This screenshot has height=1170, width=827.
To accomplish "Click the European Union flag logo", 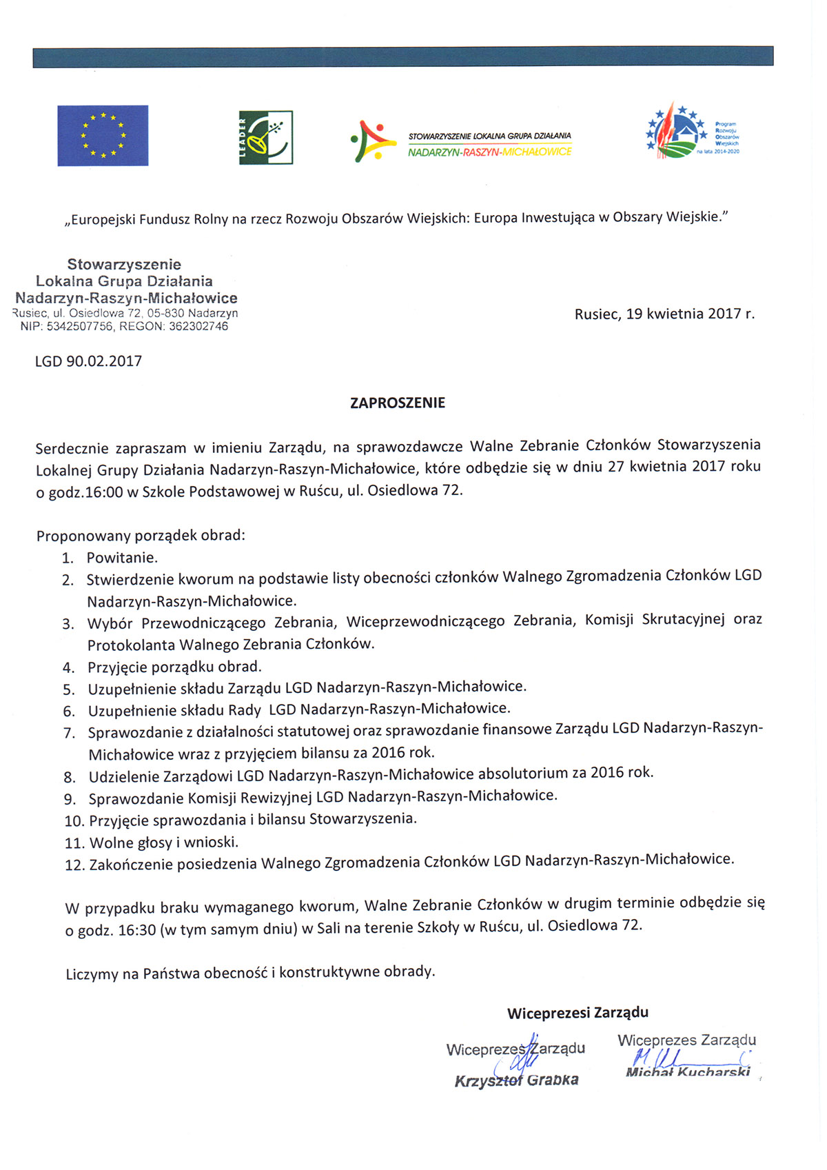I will click(103, 135).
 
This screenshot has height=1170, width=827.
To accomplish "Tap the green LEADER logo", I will click(265, 137).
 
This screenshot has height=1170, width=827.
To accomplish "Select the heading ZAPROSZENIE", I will click(398, 403).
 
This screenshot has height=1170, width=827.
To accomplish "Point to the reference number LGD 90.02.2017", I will click(88, 361).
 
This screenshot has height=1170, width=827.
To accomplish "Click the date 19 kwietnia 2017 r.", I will click(690, 314).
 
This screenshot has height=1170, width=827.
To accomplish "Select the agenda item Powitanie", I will click(122, 557).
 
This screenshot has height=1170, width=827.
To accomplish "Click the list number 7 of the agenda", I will click(69, 733).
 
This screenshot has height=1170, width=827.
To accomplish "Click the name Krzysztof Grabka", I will click(516, 1080).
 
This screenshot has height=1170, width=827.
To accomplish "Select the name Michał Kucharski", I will click(687, 1072).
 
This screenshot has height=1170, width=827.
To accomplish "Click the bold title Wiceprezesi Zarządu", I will click(578, 1013).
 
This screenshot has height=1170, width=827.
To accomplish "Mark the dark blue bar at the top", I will click(402, 57).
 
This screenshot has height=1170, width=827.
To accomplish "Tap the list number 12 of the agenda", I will click(74, 865).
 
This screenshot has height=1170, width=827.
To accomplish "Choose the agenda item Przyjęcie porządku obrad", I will click(174, 667).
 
